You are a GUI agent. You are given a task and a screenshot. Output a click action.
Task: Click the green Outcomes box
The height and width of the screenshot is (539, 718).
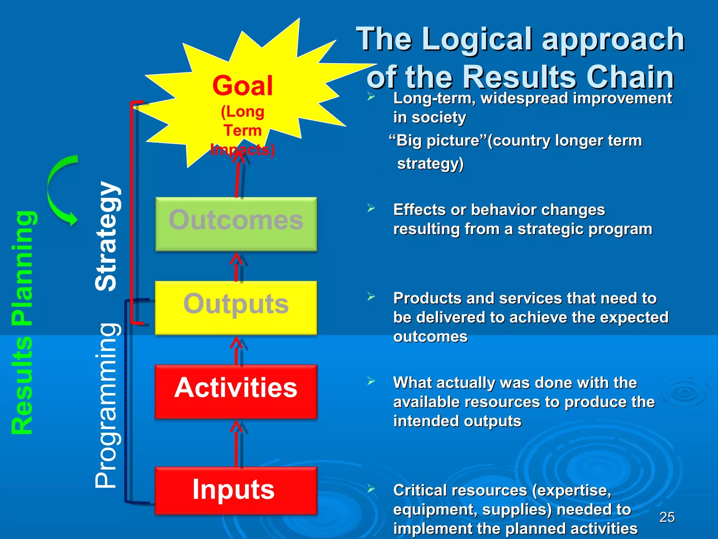[x=236, y=224]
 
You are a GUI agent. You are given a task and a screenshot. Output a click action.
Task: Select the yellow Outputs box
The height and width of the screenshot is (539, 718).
[x=236, y=307]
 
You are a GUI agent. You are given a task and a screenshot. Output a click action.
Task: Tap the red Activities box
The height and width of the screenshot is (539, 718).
[x=236, y=391]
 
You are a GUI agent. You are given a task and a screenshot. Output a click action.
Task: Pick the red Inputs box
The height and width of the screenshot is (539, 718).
[x=236, y=490]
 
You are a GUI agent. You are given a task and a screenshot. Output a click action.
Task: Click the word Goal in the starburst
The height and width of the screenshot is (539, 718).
[x=242, y=86]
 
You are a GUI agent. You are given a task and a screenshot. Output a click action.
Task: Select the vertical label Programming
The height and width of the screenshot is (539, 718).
[x=106, y=405]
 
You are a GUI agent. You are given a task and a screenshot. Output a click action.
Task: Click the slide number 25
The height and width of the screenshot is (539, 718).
[x=667, y=517]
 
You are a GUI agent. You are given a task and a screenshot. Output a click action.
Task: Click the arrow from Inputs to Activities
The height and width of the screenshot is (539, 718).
[x=237, y=444]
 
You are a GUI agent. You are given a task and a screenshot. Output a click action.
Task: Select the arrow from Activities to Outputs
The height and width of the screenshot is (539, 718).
[x=237, y=351]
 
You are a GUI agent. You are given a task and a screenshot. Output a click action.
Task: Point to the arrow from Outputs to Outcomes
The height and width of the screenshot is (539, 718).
[x=237, y=267]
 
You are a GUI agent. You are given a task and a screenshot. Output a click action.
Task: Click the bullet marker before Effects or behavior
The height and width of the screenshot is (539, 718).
[x=371, y=208]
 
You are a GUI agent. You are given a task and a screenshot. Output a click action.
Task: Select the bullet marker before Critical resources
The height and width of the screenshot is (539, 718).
[x=371, y=488]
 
